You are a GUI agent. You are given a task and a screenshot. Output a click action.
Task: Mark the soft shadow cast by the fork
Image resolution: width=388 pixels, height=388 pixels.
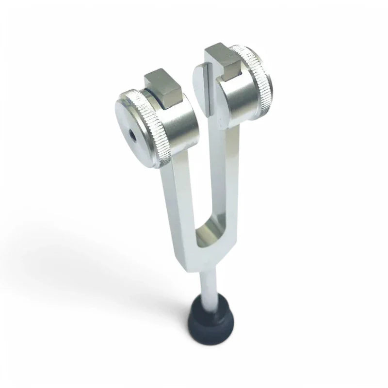tap(97, 272)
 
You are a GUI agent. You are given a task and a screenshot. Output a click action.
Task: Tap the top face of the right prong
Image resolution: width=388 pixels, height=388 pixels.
tap(208, 62)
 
